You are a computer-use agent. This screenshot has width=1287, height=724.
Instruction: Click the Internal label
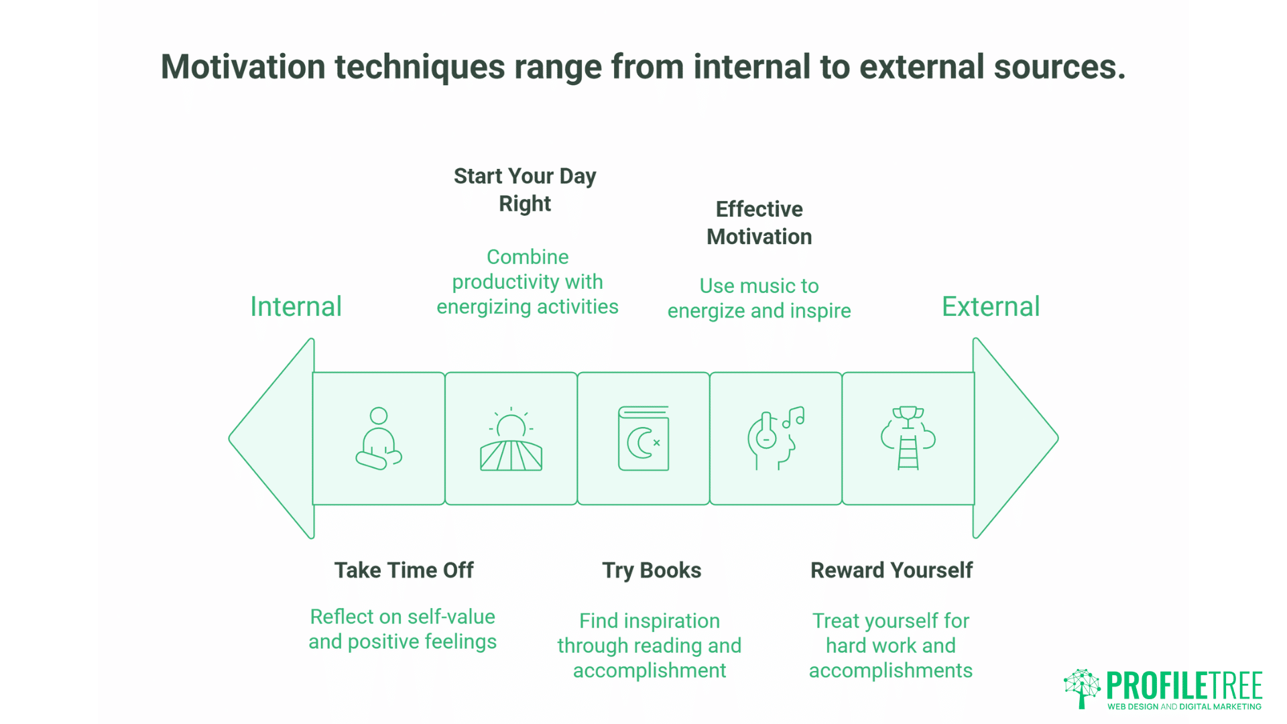pos(296,307)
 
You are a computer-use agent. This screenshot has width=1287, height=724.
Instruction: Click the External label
pos(991,307)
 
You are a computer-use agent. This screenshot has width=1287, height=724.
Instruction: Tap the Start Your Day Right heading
pos(525,190)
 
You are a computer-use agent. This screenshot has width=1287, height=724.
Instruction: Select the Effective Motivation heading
pos(759,223)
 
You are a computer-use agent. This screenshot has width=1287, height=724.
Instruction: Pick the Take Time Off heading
pos(404,570)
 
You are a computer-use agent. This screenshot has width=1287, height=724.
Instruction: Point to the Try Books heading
pos(652,570)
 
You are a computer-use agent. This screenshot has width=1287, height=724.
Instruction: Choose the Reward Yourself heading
pos(892,570)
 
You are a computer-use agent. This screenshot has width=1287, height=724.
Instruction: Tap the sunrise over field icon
pos(511,439)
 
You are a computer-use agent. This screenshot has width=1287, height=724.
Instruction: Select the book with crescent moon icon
pos(643,438)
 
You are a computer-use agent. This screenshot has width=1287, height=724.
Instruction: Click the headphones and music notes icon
pos(776,438)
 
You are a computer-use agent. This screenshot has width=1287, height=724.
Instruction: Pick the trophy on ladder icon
pos(908,438)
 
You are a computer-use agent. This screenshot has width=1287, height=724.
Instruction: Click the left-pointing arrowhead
pos(271,438)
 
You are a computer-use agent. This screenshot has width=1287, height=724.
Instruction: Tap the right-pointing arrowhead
pos(1016,438)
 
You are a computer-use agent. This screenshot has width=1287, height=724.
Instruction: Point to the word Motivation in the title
pos(243,67)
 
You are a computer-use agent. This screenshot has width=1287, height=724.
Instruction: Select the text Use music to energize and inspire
pos(759,298)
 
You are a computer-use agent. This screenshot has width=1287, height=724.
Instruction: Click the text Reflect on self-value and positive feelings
pos(403,629)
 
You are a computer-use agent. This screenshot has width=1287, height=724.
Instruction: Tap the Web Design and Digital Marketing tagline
pos(1184,707)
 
